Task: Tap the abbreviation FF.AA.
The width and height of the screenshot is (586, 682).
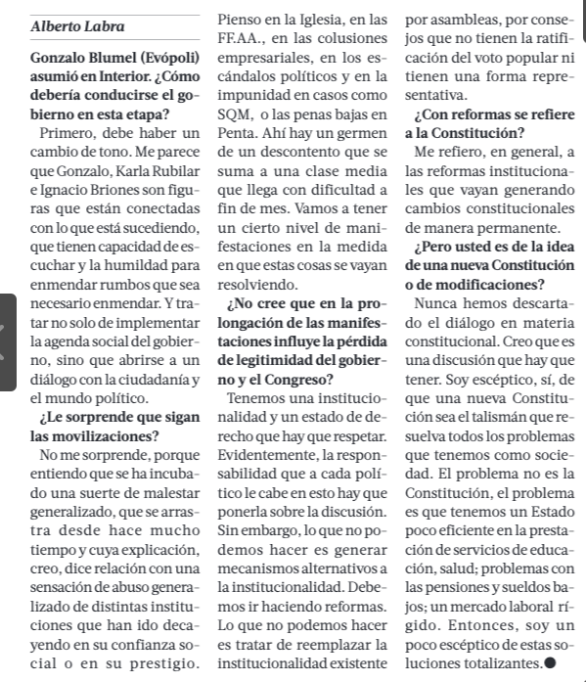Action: pos(242,38)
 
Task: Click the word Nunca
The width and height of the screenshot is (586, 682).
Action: pos(437,305)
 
